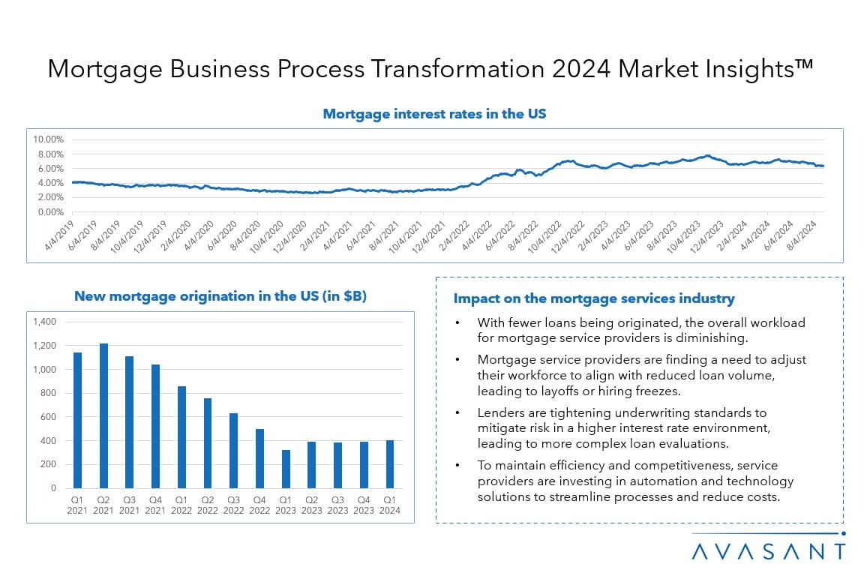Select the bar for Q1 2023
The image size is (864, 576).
[286, 469]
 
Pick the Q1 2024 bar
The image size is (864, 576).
[389, 463]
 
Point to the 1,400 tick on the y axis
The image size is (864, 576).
[44, 322]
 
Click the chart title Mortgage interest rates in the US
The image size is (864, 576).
[434, 114]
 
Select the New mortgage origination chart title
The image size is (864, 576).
[220, 296]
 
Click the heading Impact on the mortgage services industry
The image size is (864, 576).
[594, 298]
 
